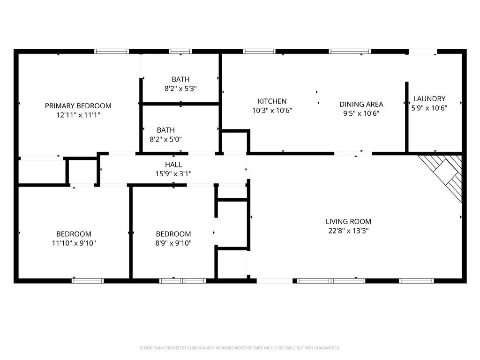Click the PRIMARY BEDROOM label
click(x=78, y=106)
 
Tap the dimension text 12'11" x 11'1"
click(x=78, y=115)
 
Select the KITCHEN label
click(x=272, y=101)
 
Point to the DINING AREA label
click(x=361, y=105)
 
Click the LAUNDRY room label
click(x=429, y=99)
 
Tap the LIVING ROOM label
click(x=348, y=222)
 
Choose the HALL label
click(x=173, y=165)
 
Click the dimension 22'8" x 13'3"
click(x=348, y=231)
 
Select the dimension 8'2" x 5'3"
click(x=180, y=89)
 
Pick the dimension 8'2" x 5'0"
click(x=165, y=140)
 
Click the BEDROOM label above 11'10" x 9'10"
click(x=74, y=234)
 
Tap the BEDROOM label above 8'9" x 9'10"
click(x=173, y=234)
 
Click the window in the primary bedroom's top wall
click(x=112, y=51)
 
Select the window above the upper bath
click(x=180, y=51)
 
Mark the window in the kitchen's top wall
click(x=259, y=51)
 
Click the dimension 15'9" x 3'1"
click(x=173, y=174)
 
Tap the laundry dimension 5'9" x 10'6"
click(x=429, y=108)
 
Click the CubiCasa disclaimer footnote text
click(x=240, y=348)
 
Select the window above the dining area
click(x=350, y=51)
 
